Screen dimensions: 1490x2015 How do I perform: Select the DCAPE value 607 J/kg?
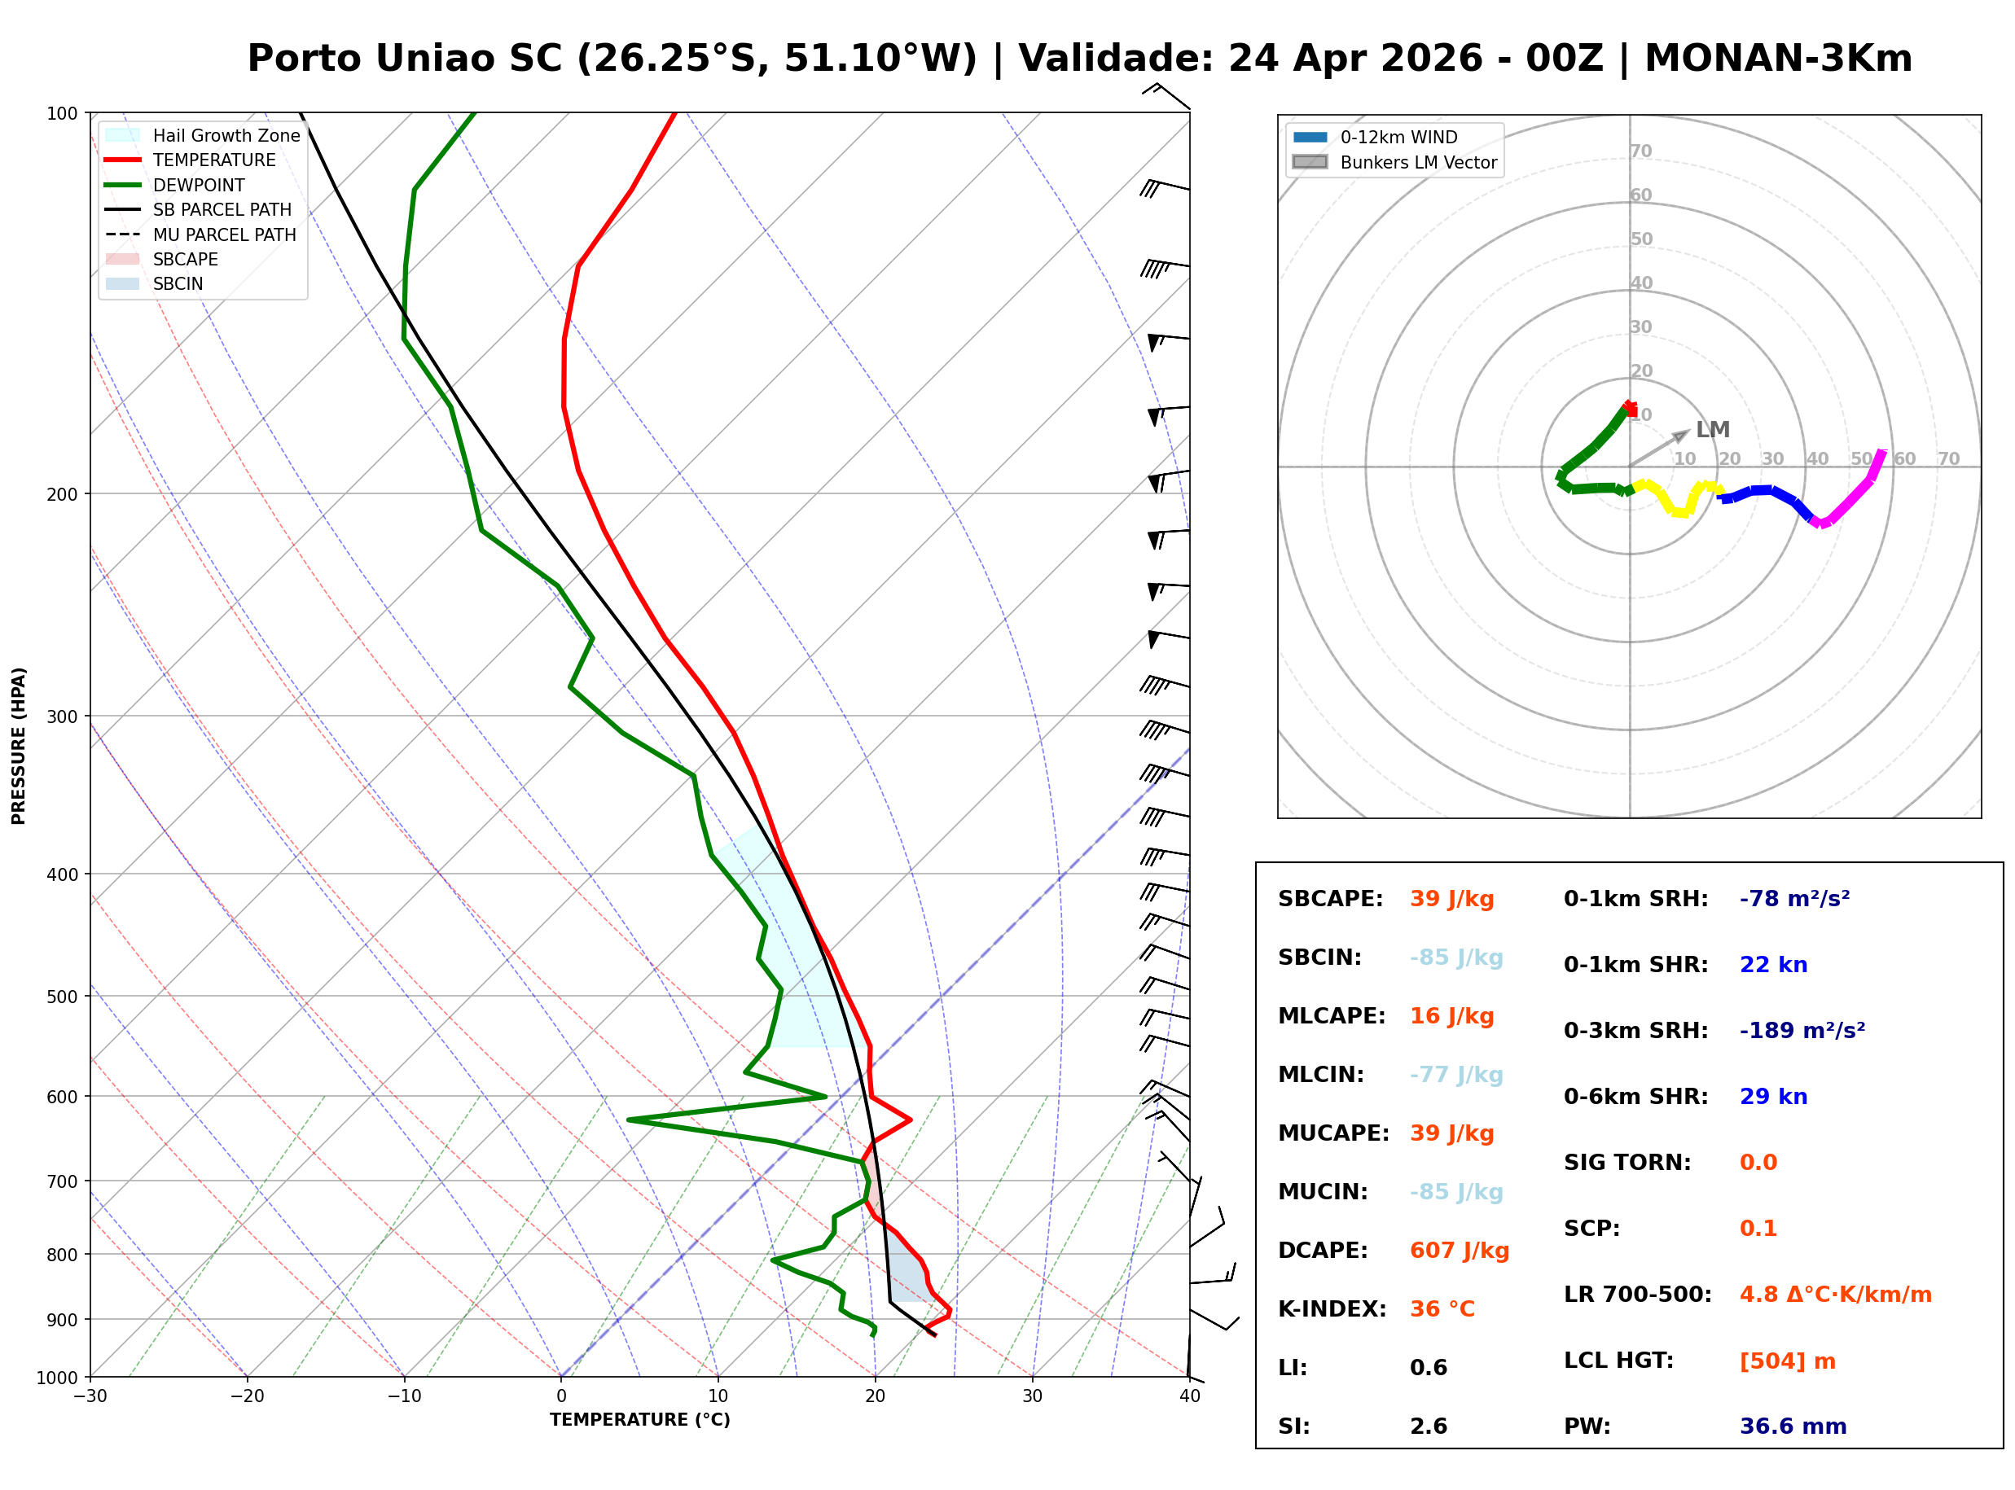(x=1459, y=1251)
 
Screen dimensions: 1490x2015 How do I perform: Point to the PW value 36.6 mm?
(x=1792, y=1426)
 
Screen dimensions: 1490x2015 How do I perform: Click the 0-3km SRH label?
(x=1635, y=1031)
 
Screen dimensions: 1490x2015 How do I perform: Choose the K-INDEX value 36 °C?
(x=1442, y=1309)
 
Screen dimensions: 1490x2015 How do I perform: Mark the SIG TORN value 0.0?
(x=1758, y=1163)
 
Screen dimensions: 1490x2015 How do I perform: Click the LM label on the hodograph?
(x=1712, y=430)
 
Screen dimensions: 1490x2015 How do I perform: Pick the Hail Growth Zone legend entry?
(x=226, y=135)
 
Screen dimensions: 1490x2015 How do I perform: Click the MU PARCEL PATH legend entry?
(x=224, y=234)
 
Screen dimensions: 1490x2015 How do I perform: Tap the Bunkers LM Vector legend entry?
(x=1418, y=162)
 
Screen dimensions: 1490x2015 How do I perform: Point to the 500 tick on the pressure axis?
(x=61, y=997)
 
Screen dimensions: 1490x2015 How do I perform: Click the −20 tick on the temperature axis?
(x=246, y=1396)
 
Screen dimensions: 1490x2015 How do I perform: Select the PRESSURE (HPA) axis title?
(x=19, y=746)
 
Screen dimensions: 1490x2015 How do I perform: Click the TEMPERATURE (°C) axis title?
(x=639, y=1420)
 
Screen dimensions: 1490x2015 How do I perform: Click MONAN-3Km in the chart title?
(x=1778, y=59)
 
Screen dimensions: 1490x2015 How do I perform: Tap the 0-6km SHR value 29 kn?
(x=1773, y=1097)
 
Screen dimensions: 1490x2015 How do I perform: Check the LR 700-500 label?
(x=1637, y=1295)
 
